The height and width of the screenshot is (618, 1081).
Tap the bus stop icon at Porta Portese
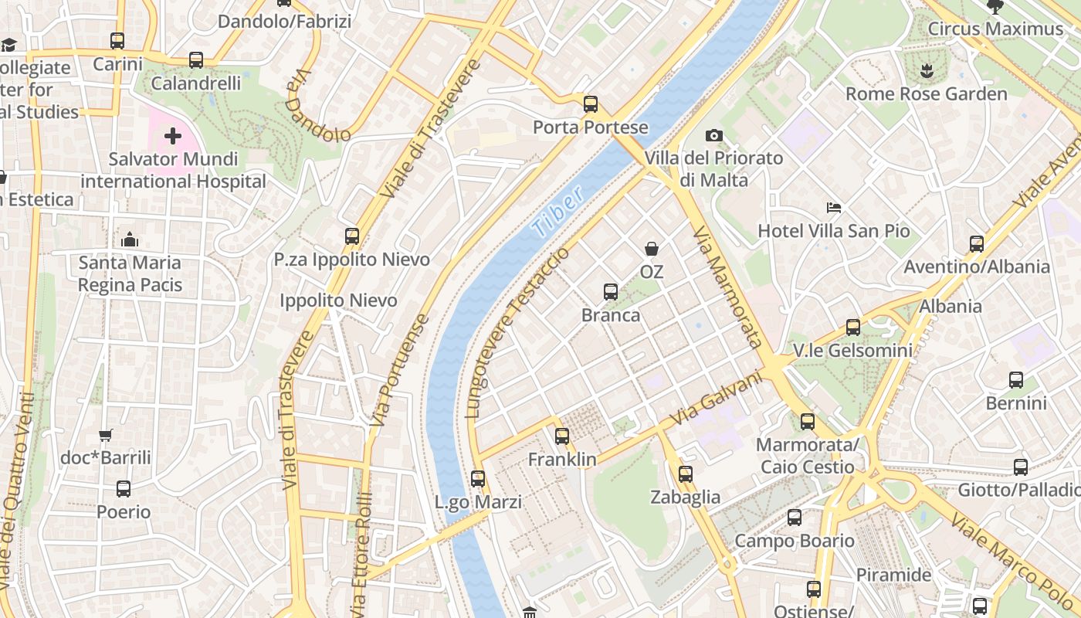click(591, 104)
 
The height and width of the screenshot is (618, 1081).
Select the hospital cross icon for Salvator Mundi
click(173, 137)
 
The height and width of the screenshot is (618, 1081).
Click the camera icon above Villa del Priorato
click(714, 136)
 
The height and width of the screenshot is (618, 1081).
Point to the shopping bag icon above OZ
click(652, 249)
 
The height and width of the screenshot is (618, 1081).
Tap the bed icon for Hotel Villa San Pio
click(834, 208)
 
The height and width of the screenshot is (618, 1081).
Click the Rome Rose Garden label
click(926, 94)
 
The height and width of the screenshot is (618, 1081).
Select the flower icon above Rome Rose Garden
click(927, 71)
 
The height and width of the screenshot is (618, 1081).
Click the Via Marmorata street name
click(727, 287)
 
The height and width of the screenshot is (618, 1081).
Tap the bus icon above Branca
click(611, 292)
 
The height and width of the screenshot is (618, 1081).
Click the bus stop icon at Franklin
click(562, 436)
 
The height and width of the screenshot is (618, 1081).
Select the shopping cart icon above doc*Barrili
click(106, 436)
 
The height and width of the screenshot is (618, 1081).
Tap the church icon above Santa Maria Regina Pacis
click(130, 239)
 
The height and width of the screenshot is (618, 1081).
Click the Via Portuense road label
click(398, 371)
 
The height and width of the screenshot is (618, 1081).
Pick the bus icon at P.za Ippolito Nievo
click(352, 236)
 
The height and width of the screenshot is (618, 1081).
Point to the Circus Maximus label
click(995, 29)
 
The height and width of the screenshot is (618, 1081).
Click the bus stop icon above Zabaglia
click(686, 474)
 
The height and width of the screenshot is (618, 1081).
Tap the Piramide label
click(893, 576)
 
